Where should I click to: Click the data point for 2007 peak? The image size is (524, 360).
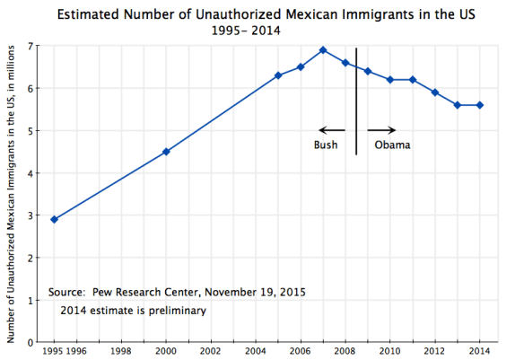tap(323, 50)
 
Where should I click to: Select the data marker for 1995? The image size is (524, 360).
tap(54, 219)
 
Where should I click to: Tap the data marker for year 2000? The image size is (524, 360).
tap(166, 152)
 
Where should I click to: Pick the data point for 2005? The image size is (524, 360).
tap(278, 75)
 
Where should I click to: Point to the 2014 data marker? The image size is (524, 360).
tap(480, 105)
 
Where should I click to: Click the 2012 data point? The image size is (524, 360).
tap(435, 92)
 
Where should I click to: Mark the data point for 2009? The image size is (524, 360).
tap(368, 71)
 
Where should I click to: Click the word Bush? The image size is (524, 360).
tap(326, 146)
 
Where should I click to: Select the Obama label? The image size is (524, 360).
tap(392, 146)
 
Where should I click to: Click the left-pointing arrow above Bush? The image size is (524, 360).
tap(331, 130)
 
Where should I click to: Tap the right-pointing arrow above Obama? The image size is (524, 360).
tap(380, 130)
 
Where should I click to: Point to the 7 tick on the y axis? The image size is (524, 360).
tap(34, 46)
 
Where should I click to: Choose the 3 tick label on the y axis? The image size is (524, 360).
tap(34, 215)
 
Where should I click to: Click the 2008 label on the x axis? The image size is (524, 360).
tap(345, 351)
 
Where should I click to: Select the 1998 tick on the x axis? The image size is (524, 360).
tap(121, 351)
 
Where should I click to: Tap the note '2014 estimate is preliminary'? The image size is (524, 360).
tap(134, 311)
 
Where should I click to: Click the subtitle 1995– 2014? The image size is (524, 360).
tap(245, 30)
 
